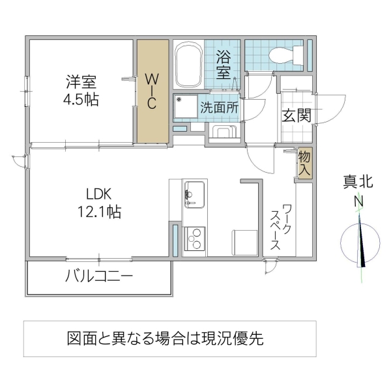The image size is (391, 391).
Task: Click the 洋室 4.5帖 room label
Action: coord(81,91)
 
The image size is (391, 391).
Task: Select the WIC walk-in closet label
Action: coord(151,92)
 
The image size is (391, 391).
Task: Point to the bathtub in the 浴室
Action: coord(189,66)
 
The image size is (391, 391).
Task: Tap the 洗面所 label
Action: coord(219,108)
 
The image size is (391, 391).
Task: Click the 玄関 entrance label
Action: coord(296,115)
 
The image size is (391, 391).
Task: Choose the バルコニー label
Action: coord(98,276)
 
